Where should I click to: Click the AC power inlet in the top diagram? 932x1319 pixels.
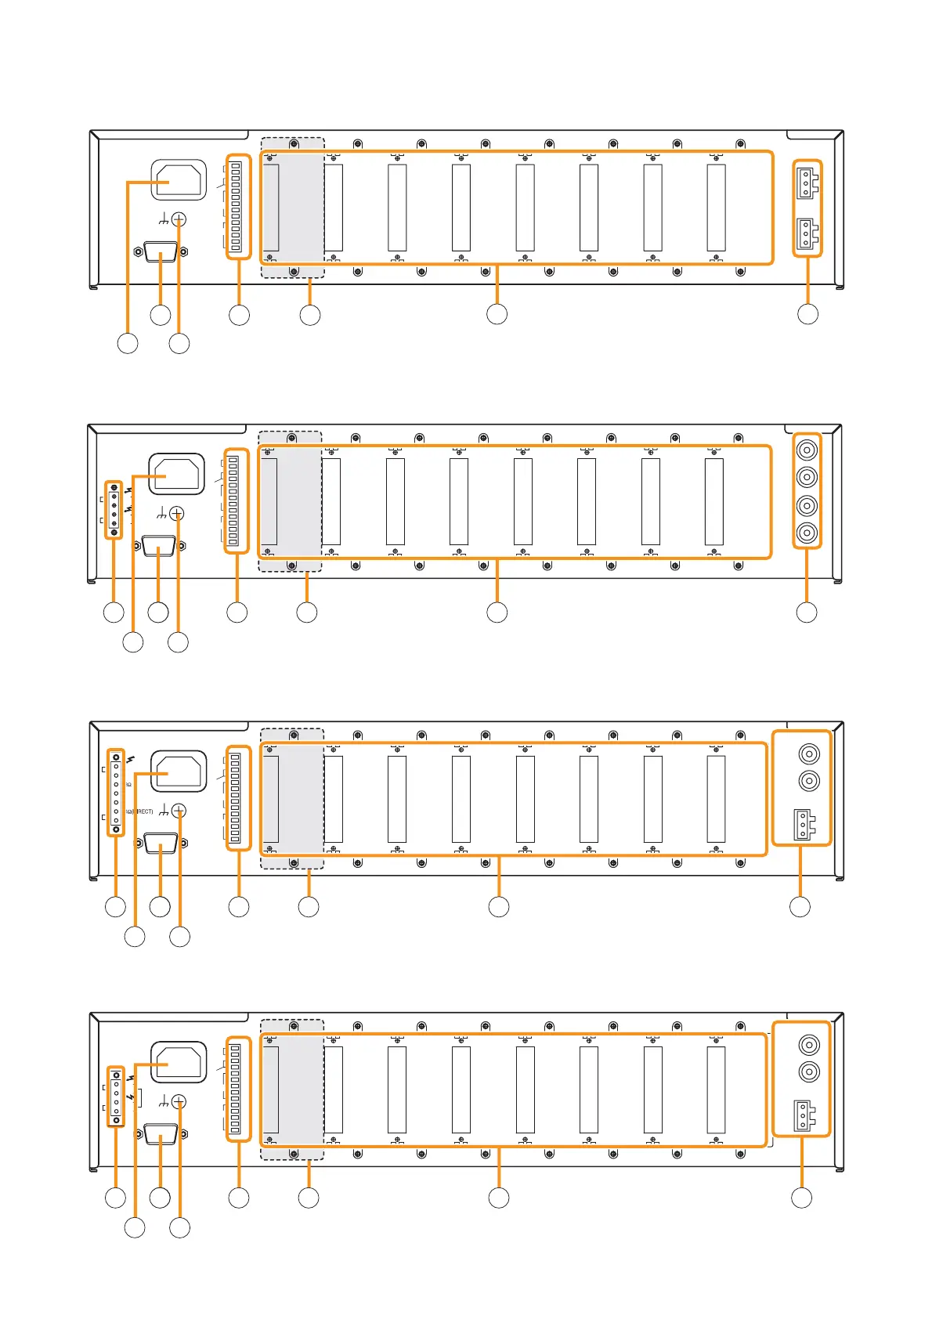pos(179,180)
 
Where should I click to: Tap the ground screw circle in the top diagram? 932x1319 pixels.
pos(179,219)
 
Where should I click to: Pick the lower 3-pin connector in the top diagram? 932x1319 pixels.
pos(805,233)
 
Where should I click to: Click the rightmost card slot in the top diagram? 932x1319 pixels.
pos(716,208)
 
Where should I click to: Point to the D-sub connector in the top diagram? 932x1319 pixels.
pos(161,252)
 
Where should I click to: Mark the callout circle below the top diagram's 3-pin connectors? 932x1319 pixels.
pos(807,314)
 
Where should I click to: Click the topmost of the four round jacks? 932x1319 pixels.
pos(807,450)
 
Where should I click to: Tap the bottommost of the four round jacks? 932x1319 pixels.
pos(807,533)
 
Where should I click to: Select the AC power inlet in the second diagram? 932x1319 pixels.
pos(177,475)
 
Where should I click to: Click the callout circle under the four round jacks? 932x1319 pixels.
pos(807,613)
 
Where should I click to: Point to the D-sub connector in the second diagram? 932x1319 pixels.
pos(159,546)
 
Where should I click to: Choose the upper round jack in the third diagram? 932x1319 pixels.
pos(809,754)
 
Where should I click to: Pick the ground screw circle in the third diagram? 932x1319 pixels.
pos(179,811)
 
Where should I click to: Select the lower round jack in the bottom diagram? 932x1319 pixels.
pos(809,1072)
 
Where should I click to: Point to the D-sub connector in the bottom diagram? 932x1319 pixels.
pos(161,1134)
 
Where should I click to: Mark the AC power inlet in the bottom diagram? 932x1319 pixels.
pos(179,1062)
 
